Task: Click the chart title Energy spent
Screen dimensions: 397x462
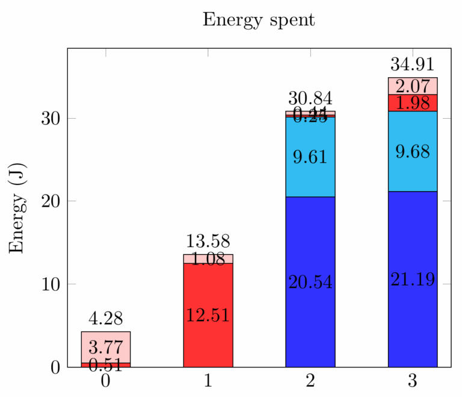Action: pyautogui.click(x=259, y=20)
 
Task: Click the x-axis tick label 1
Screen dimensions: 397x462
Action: pyautogui.click(x=208, y=381)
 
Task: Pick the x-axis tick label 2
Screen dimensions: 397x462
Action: pyautogui.click(x=310, y=381)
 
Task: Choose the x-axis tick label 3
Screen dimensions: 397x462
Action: pyautogui.click(x=413, y=381)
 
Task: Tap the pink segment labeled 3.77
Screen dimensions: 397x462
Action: pyautogui.click(x=106, y=347)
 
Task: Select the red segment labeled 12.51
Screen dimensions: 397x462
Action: pyautogui.click(x=208, y=314)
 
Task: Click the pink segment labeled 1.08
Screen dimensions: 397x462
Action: pyautogui.click(x=208, y=259)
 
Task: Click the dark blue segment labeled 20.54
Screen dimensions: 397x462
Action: pyautogui.click(x=310, y=281)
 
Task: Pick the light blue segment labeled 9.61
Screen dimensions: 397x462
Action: pyautogui.click(x=310, y=157)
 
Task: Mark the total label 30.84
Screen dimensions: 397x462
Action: pyautogui.click(x=310, y=98)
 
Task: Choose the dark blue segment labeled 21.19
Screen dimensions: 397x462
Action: pyautogui.click(x=413, y=279)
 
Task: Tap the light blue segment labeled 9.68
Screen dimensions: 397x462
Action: pyautogui.click(x=413, y=151)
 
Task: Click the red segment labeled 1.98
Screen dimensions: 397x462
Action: pyautogui.click(x=413, y=103)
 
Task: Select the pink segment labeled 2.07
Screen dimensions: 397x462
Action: pyautogui.click(x=413, y=86)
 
